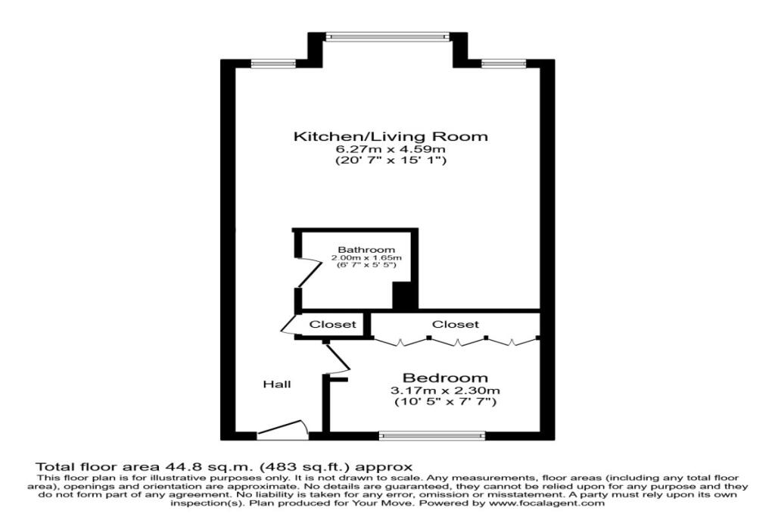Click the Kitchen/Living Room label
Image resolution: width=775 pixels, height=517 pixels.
pos(391,137)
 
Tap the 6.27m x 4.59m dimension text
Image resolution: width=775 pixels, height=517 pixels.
pos(391,150)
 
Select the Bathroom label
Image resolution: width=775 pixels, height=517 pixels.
pos(366,250)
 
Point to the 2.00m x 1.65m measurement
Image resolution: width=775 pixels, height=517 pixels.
pos(366,259)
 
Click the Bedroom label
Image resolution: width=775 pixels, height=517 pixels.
pos(445,378)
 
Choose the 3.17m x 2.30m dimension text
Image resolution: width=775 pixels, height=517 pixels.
pos(445,391)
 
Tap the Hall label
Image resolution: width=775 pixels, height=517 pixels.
pos(276,385)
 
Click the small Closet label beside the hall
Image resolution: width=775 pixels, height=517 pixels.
pos(333,324)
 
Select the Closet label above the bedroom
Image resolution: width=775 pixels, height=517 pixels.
pos(455,324)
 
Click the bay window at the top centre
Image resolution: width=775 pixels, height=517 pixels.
pos(387,36)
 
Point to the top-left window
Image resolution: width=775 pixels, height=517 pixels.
pos(263,63)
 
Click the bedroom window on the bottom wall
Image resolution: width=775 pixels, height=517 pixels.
pos(431,435)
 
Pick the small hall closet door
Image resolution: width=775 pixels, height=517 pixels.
pos(288,325)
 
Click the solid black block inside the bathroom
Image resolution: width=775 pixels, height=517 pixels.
pos(404,295)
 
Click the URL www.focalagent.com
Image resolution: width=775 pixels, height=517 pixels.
pos(547,503)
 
